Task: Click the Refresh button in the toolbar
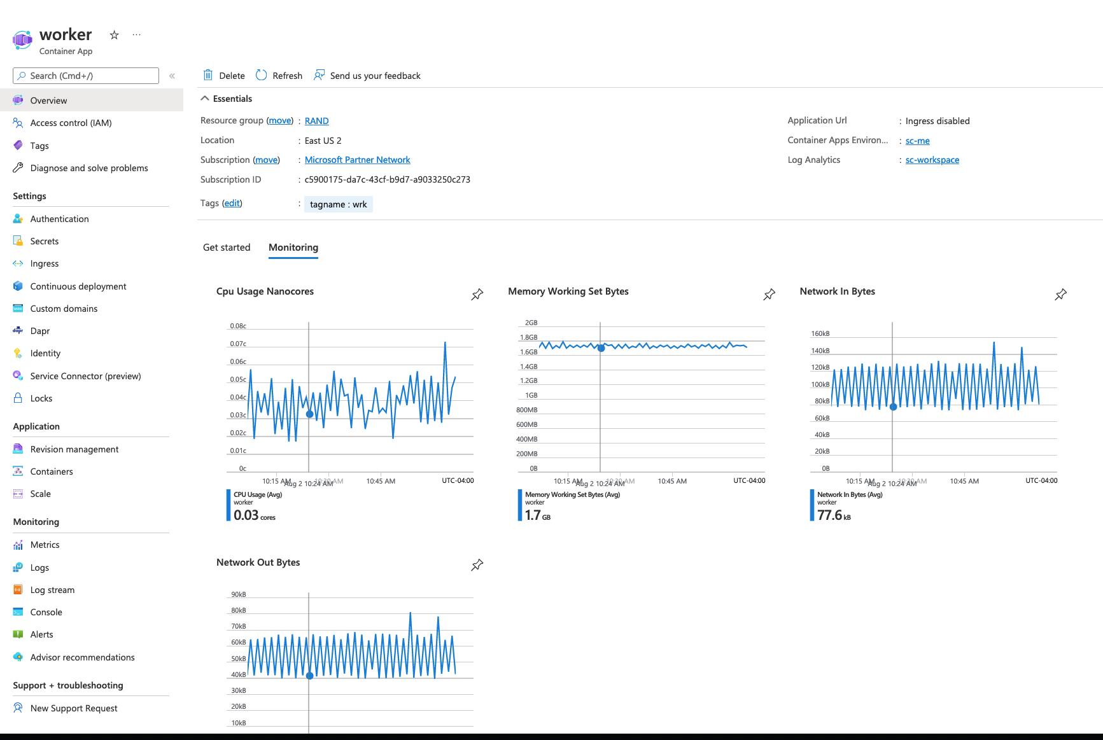(279, 76)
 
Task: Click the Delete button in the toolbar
(224, 76)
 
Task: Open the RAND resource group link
(316, 121)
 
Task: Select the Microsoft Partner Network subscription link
(357, 160)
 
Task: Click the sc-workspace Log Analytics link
(932, 160)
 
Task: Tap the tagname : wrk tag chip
(338, 204)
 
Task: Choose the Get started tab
(227, 248)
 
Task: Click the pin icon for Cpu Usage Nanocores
(477, 295)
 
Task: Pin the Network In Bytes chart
(1060, 295)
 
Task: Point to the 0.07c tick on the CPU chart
(238, 344)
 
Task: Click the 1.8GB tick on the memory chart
(528, 337)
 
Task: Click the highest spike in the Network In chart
(994, 343)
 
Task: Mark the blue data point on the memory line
(601, 348)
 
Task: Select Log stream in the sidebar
(52, 590)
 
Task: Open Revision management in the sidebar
(74, 449)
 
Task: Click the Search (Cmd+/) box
(86, 76)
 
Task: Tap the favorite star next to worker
(115, 35)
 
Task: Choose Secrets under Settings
(45, 241)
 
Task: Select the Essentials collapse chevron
(205, 99)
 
